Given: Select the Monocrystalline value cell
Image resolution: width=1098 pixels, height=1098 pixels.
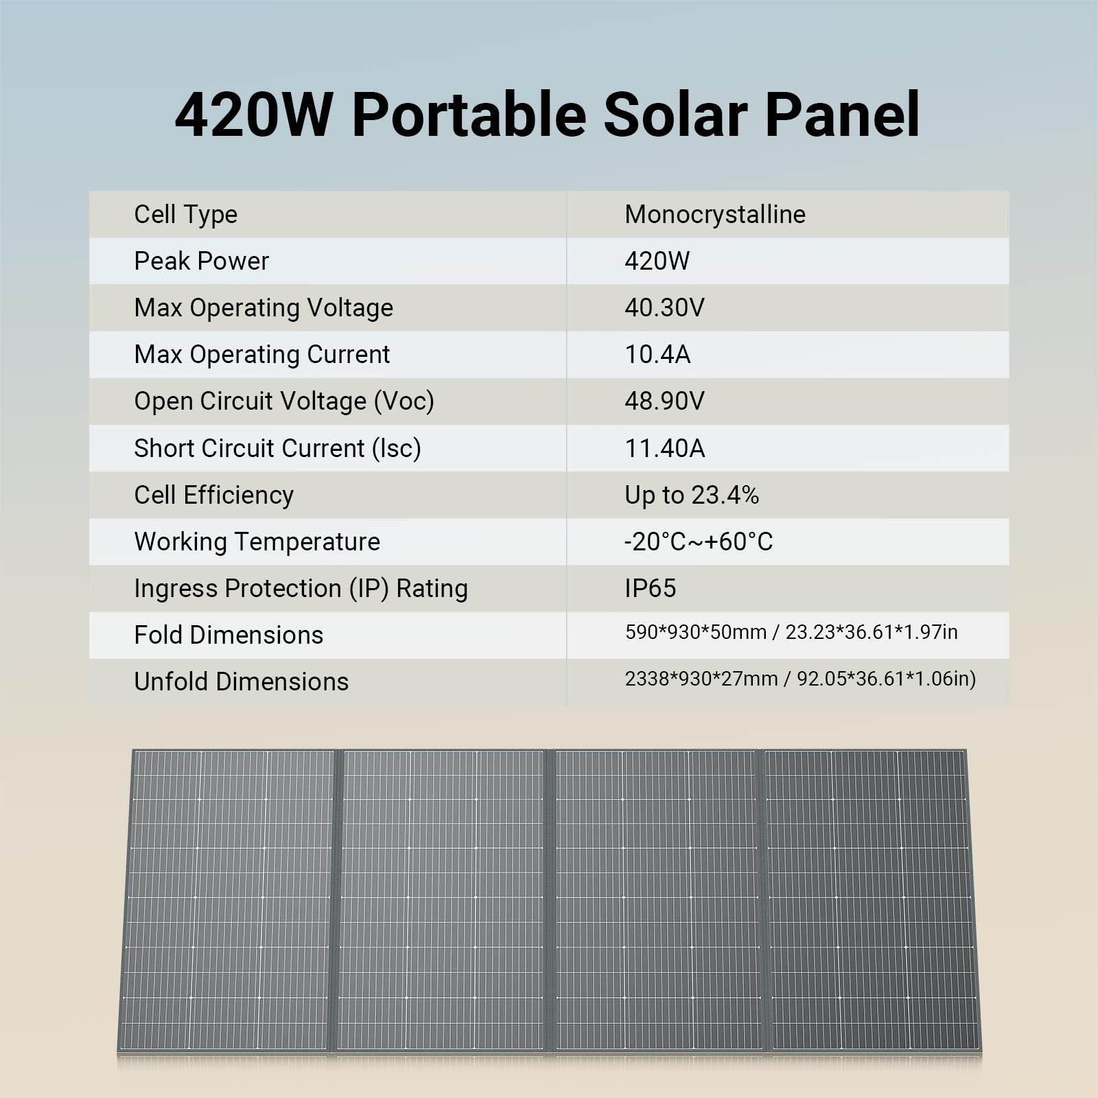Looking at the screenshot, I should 714,215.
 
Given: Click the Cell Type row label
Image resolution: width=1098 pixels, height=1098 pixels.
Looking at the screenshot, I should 185,215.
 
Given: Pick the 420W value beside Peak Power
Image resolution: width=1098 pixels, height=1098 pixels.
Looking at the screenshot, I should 657,261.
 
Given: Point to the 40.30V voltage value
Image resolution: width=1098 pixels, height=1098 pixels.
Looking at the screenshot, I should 664,308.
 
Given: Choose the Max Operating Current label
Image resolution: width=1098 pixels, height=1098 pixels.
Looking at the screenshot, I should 261,355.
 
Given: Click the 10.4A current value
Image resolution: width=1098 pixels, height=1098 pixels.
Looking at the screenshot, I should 657,355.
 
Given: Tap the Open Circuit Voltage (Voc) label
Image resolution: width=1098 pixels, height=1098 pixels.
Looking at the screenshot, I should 283,401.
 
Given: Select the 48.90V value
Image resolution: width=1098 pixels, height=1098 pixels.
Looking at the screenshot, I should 664,401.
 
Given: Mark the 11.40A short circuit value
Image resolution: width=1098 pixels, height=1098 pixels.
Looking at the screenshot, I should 664,448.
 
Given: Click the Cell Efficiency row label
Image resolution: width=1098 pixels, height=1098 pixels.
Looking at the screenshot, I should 213,495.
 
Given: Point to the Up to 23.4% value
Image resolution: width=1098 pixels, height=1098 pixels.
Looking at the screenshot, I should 691,495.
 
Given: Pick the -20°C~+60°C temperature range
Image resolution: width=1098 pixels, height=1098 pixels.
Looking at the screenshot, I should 698,541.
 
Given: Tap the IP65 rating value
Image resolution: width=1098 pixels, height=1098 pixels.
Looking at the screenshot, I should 650,588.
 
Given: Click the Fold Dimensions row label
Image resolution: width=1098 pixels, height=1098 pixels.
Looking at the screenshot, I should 228,635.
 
